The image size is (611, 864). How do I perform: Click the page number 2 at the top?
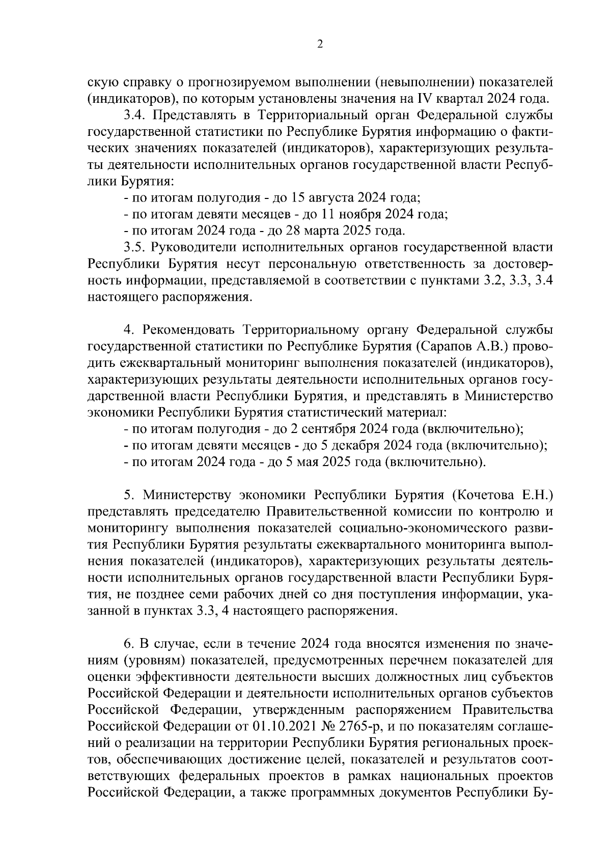pyautogui.click(x=320, y=45)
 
